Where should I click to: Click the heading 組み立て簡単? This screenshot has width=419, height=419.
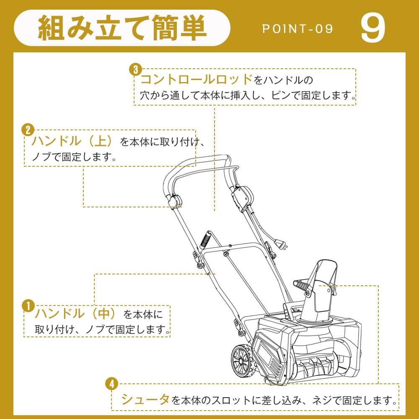[x=122, y=28]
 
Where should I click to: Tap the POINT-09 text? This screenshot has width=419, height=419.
[x=297, y=29]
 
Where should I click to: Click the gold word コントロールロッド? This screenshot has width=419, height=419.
[x=197, y=79]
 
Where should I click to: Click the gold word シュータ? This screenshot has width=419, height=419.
[x=145, y=399]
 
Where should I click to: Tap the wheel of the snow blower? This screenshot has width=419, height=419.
[x=243, y=359]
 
